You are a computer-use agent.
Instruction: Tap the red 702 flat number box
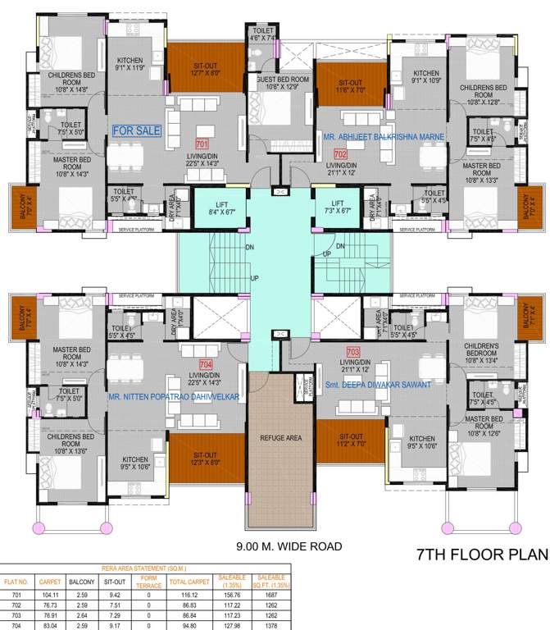(x=340, y=153)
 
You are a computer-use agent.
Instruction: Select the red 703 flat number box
(x=352, y=351)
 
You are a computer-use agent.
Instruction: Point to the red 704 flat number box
(x=205, y=363)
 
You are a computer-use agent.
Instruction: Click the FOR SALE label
(x=136, y=130)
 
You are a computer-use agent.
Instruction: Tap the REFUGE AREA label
(x=281, y=438)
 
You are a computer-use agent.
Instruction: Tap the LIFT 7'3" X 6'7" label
(x=338, y=207)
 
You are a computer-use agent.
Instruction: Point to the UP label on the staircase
(x=255, y=279)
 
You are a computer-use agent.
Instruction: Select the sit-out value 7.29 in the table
(x=116, y=614)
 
